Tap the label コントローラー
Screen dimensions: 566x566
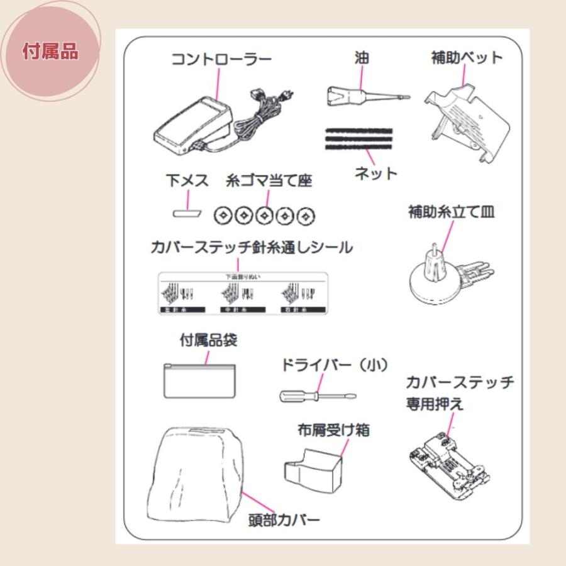click(x=221, y=60)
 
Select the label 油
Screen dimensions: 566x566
click(x=361, y=58)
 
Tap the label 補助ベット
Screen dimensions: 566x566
click(x=467, y=58)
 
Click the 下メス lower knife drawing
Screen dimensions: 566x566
click(x=187, y=214)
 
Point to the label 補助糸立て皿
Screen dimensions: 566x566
click(x=451, y=212)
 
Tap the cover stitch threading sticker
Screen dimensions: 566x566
click(x=243, y=292)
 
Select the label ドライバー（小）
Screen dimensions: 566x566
click(x=334, y=365)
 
